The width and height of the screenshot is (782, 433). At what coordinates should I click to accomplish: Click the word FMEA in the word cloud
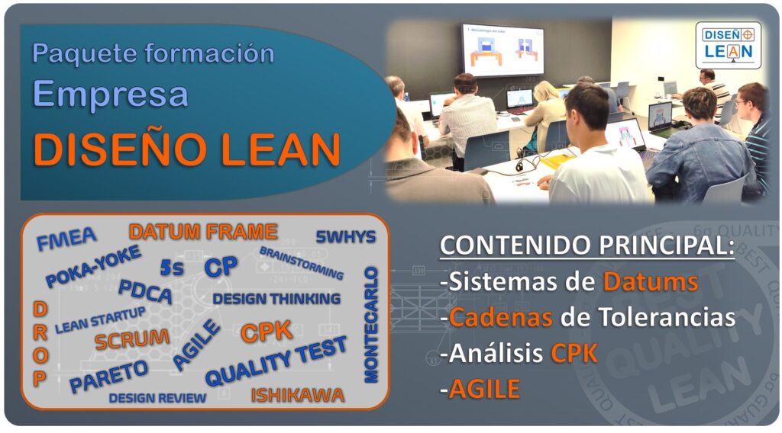[66, 239]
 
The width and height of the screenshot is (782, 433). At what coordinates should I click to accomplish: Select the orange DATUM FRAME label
[202, 232]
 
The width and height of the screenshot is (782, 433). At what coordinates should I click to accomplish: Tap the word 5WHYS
[345, 237]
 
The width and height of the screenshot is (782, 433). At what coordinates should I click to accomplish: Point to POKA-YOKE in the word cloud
[92, 267]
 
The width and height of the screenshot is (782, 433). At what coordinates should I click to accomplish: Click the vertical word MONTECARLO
[371, 324]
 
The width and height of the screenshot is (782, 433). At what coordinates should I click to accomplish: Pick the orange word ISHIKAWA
[297, 395]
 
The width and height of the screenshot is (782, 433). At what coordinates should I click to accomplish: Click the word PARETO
[108, 376]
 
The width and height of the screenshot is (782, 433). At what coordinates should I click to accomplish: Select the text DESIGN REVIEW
[157, 398]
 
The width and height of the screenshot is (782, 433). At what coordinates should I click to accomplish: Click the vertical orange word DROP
[40, 343]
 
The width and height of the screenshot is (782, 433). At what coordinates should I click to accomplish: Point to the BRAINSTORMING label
[301, 262]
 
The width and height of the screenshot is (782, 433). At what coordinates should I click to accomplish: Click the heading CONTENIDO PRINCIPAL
[587, 247]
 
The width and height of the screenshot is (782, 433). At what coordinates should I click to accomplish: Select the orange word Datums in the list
[650, 281]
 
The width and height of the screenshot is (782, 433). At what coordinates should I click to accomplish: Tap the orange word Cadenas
[501, 317]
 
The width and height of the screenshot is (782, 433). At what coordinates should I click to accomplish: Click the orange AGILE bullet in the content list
[484, 390]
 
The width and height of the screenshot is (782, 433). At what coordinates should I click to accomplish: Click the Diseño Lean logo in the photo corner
[727, 43]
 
